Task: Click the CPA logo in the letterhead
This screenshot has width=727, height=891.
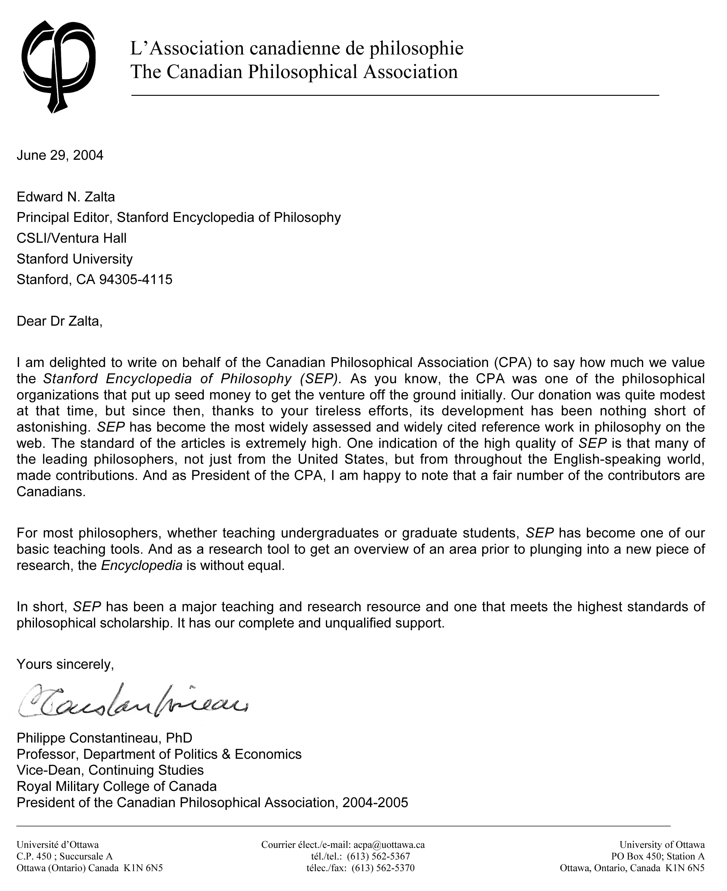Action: tap(58, 66)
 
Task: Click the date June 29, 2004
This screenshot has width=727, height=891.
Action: tap(60, 155)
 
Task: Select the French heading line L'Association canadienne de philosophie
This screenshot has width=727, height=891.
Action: tap(296, 48)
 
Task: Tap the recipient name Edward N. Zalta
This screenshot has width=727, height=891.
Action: tap(66, 197)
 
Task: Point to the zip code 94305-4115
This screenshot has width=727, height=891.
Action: tap(136, 279)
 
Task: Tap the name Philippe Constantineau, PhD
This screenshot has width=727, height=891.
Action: tap(104, 738)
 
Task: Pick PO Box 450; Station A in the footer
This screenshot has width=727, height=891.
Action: tap(658, 856)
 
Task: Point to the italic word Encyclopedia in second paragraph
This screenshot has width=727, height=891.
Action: tap(142, 566)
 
